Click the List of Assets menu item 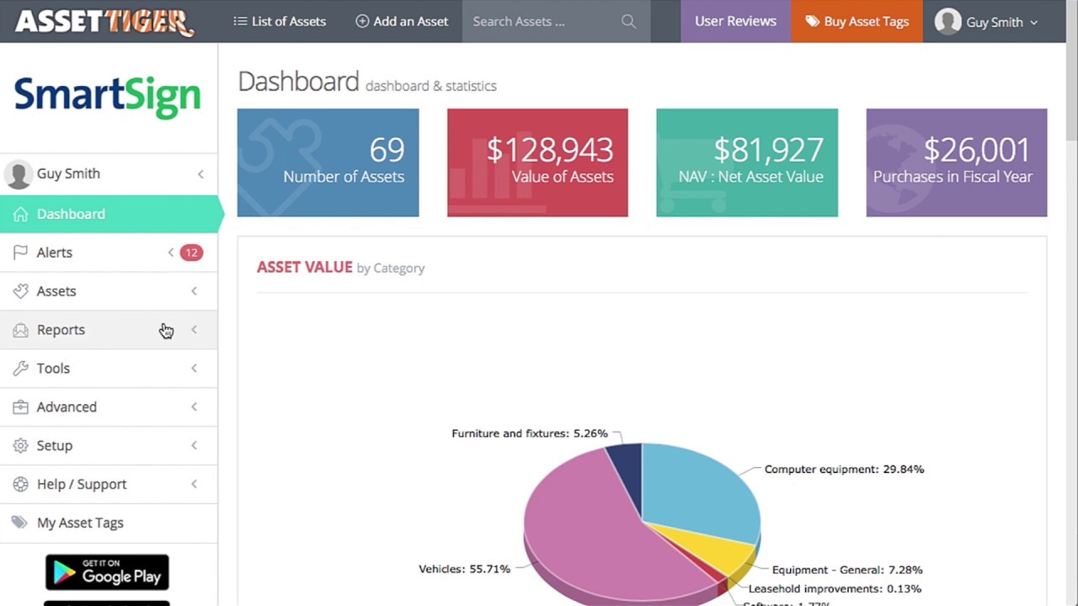[280, 21]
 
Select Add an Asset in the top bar [402, 21]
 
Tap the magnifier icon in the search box [628, 21]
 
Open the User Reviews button [735, 21]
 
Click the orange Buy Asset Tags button [857, 21]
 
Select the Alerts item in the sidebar [55, 252]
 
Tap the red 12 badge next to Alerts [191, 252]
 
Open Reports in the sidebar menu [61, 330]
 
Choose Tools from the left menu [53, 369]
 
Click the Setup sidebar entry [55, 445]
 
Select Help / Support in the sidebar [82, 484]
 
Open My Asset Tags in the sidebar [80, 523]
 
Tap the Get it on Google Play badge [107, 572]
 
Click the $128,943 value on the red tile [549, 150]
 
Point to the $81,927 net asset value [768, 150]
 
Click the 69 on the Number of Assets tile [387, 150]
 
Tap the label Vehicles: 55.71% [464, 569]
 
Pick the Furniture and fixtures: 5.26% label [529, 433]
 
